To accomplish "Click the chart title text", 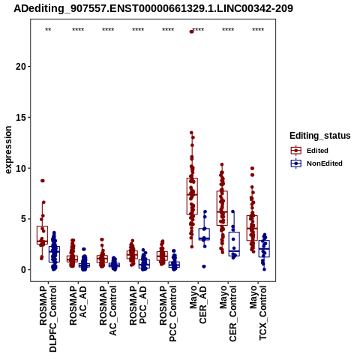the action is (153, 9).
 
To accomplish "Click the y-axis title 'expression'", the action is (8, 150).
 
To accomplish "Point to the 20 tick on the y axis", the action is (29, 67).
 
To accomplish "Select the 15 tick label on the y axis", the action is (21, 117).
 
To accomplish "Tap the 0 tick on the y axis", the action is (29, 270).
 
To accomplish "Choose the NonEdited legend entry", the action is (316, 163).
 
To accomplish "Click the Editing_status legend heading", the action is (320, 136).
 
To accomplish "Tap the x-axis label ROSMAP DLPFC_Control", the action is (48, 319).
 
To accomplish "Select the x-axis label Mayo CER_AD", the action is (198, 304).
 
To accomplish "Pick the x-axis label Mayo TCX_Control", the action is (258, 313).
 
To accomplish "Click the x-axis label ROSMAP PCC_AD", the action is (138, 305).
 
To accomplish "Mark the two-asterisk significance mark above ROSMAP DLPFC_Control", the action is (48, 30).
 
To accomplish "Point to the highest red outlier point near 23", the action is (192, 31).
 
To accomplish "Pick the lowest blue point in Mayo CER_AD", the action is (204, 266).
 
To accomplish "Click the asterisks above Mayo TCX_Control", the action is (258, 30).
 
